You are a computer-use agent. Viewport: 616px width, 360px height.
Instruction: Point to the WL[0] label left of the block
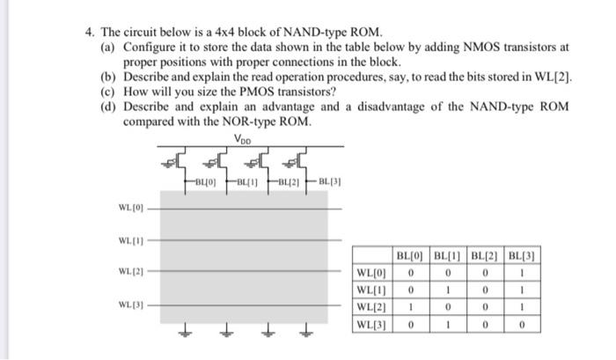point(128,209)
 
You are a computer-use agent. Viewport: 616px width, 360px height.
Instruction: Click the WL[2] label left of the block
point(128,271)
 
